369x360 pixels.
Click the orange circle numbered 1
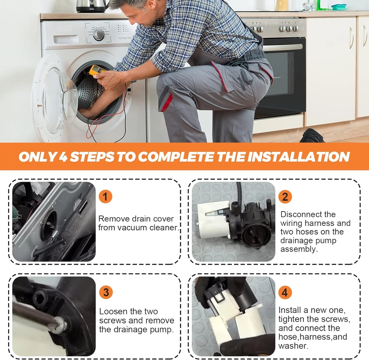click(105, 196)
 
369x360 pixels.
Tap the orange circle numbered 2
click(285, 196)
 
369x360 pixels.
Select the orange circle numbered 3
click(106, 292)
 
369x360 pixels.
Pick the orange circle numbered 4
click(285, 292)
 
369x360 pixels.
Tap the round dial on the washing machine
click(99, 35)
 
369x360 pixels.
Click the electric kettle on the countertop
click(91, 6)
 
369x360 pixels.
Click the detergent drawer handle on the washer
click(66, 39)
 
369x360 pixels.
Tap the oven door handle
click(282, 47)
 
